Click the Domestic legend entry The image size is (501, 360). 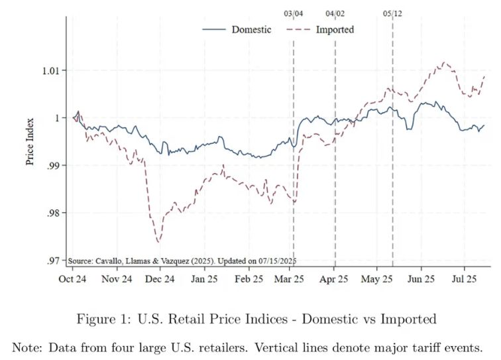tap(237, 30)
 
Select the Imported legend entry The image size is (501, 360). tap(320, 30)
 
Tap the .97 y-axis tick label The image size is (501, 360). tap(53, 261)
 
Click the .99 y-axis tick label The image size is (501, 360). tap(53, 166)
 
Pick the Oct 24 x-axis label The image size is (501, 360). tap(72, 279)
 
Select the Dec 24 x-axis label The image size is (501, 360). tap(160, 279)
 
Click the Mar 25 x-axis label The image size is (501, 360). tap(289, 279)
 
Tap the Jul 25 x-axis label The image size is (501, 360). tap(464, 279)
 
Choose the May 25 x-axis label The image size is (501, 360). tap(376, 279)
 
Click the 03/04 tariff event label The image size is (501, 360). tap(294, 14)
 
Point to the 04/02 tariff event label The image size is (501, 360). tap(335, 14)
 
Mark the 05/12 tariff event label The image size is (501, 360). tap(393, 14)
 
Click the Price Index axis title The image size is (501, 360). tap(30, 142)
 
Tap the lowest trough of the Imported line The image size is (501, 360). tap(158, 242)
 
